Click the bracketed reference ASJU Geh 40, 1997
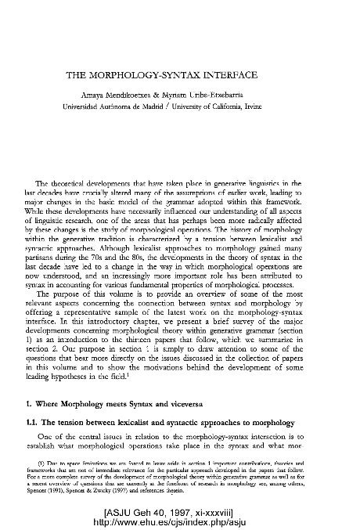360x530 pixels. tap(180, 511)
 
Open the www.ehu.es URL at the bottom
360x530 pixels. tap(180, 521)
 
